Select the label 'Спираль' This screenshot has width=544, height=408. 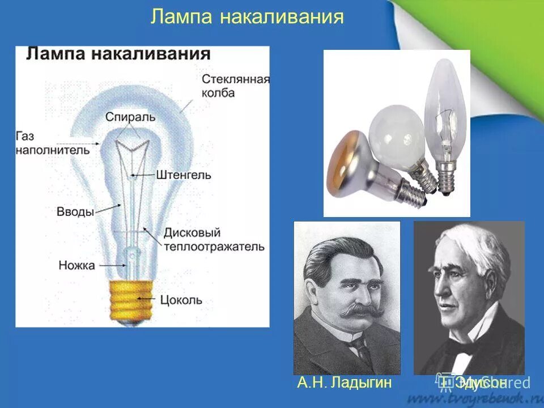[130, 117]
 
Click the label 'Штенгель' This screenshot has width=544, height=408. [182, 175]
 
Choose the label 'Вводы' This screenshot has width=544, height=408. [75, 211]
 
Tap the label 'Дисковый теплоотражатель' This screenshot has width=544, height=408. [214, 240]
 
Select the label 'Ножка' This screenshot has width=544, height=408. [76, 265]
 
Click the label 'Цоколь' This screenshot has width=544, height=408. [181, 300]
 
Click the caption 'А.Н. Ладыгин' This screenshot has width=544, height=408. [345, 383]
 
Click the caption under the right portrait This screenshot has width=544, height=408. [482, 382]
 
